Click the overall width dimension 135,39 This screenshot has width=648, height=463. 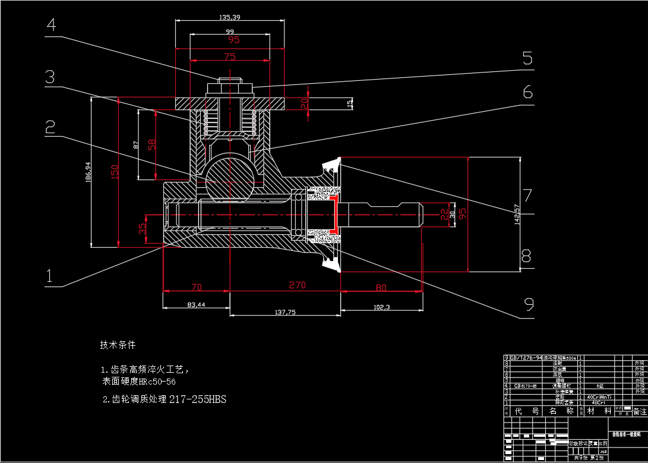point(229,17)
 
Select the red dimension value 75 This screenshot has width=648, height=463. point(230,57)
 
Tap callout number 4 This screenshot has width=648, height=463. point(52,25)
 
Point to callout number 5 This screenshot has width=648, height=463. point(527,58)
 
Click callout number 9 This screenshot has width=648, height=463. point(529,304)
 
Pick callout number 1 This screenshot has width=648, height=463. point(50,276)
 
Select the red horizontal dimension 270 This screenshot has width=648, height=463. point(297,285)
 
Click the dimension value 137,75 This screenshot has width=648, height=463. point(286,312)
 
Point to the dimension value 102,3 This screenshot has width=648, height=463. point(381,307)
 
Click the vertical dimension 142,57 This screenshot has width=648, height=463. point(517,215)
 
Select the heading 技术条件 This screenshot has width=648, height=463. point(118,345)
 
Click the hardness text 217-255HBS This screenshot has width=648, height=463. point(198,399)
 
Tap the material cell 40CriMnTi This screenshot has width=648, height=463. point(599,396)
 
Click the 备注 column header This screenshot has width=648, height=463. point(639,411)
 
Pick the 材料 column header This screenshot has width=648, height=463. point(599,411)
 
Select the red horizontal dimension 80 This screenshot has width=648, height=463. point(381,288)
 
